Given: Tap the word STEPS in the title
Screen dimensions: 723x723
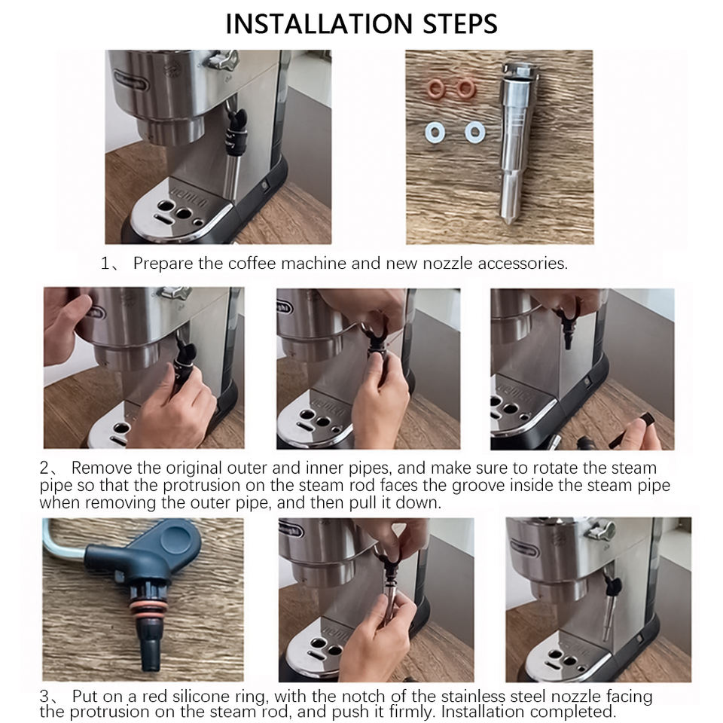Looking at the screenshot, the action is coord(459,24).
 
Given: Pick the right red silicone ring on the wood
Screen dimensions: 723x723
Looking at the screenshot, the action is coord(465,88).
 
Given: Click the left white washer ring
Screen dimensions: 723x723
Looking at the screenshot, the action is coord(435,133).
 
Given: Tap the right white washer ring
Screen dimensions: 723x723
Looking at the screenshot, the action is coord(475,133).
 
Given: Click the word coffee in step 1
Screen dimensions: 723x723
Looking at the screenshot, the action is coord(252,264).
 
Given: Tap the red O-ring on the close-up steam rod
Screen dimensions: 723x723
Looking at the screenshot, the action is coord(148,609).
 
